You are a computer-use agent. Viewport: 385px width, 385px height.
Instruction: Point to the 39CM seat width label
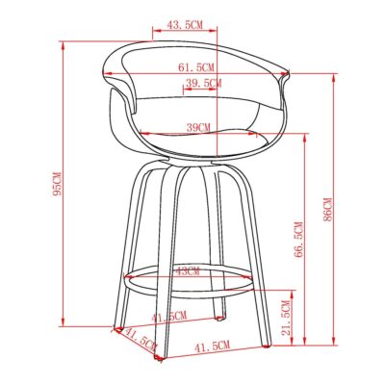coord(199,127)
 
